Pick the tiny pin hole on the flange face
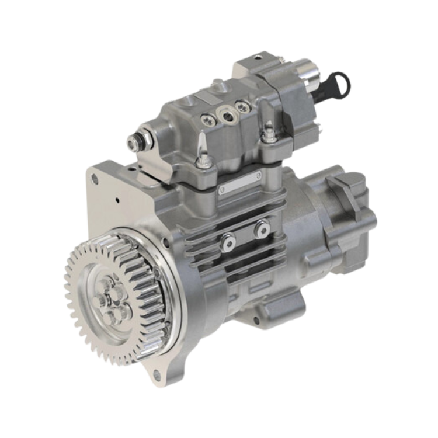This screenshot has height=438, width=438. (x=117, y=200)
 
